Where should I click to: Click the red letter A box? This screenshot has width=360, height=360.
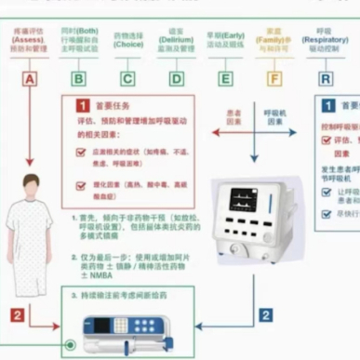(x=29, y=79)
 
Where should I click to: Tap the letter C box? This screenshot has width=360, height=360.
(x=127, y=79)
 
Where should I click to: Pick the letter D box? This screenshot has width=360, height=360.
(x=177, y=79)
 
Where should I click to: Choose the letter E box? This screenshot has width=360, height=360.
(x=226, y=79)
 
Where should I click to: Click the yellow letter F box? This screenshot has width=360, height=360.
(x=275, y=79)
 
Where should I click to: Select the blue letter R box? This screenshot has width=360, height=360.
(x=326, y=79)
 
